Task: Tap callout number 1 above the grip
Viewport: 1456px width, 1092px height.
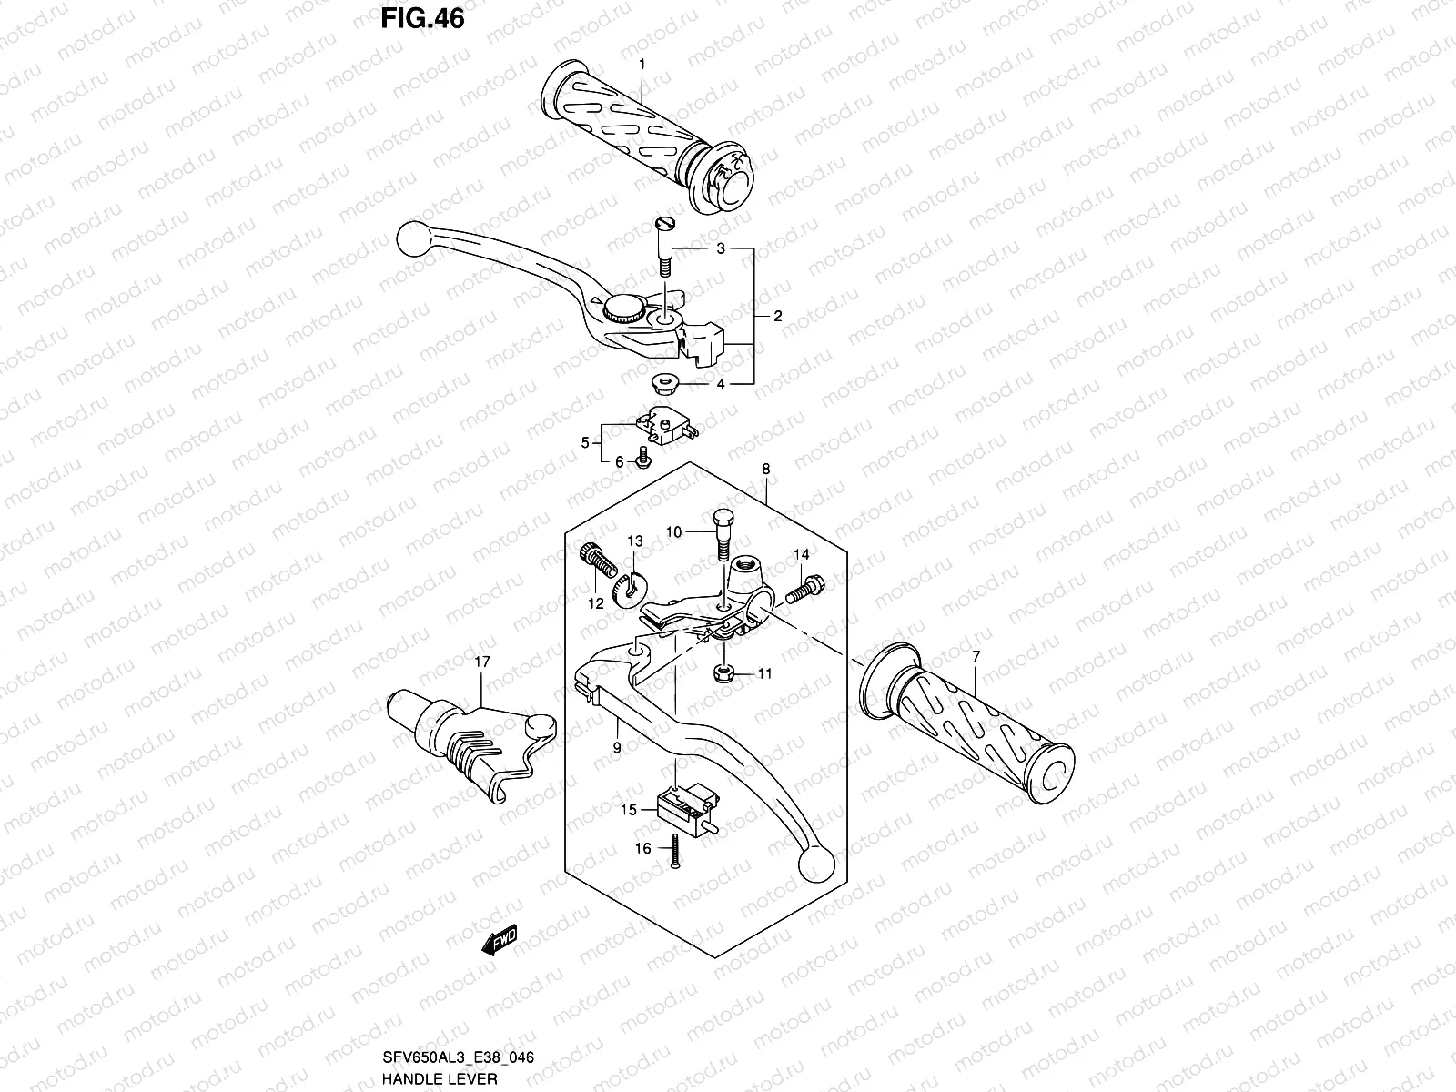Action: pos(642,64)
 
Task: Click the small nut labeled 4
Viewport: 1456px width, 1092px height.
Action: pos(664,382)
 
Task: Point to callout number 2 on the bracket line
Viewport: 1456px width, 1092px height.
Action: pos(777,317)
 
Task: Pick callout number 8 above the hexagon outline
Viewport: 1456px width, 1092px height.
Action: pos(765,470)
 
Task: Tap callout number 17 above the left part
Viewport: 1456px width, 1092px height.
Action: pos(482,662)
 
